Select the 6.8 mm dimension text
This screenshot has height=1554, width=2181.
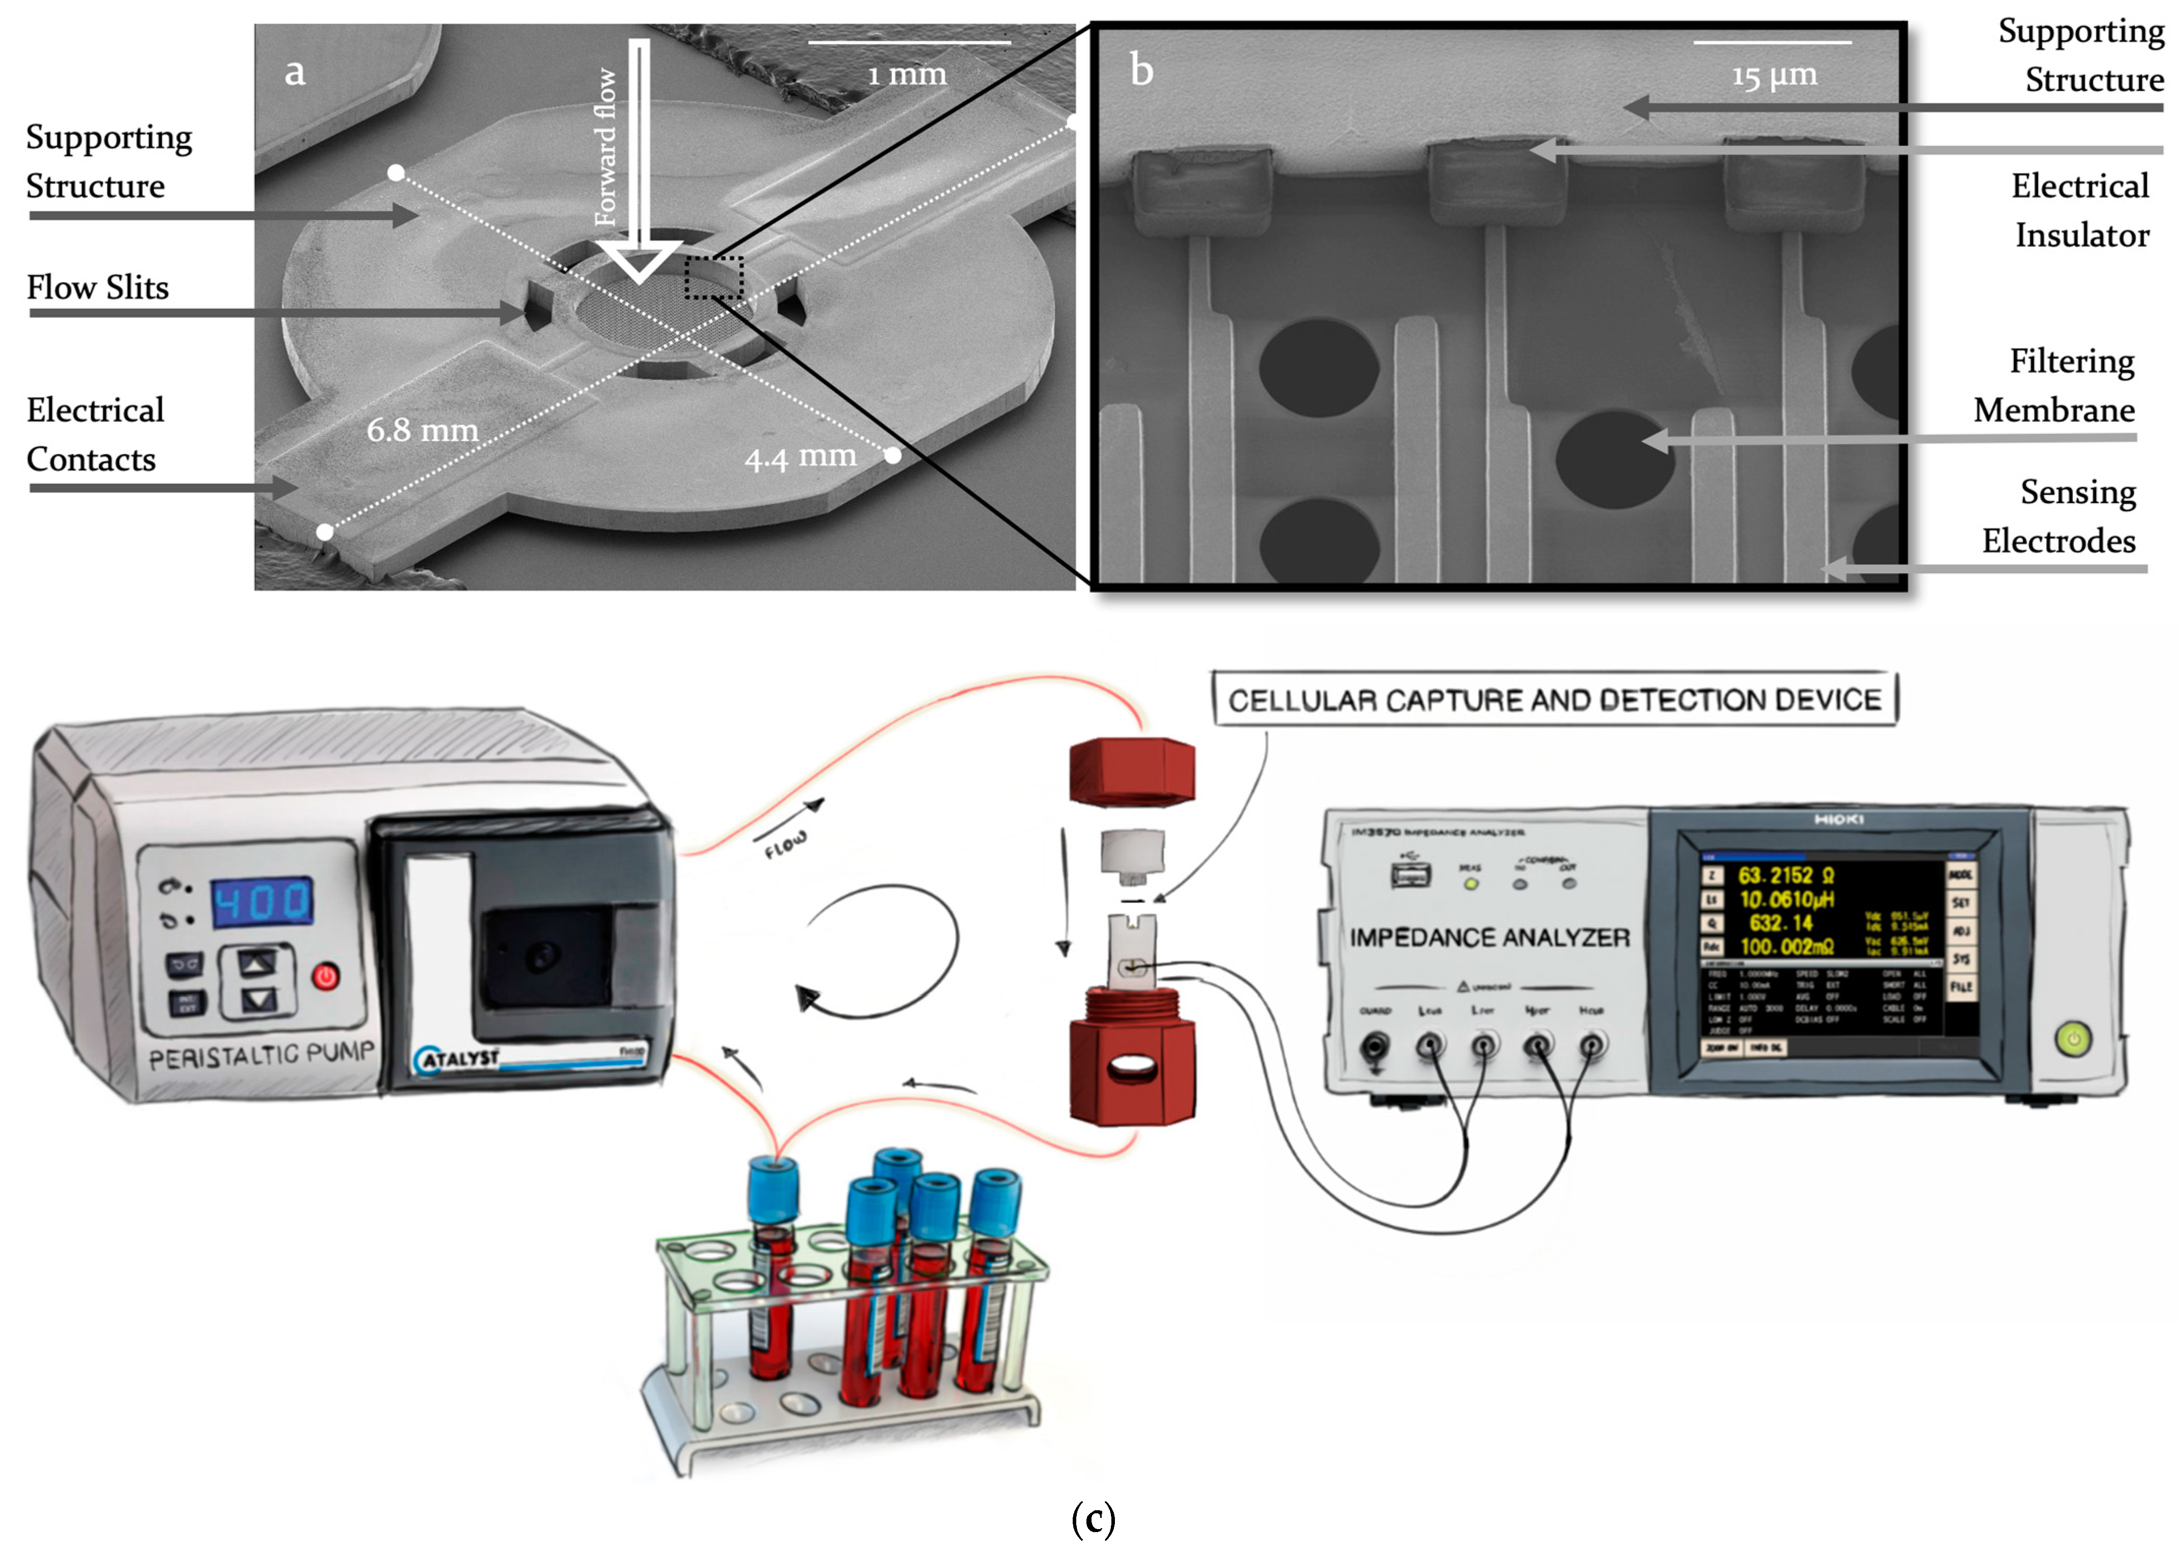pos(422,431)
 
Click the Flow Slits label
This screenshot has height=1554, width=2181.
pos(98,287)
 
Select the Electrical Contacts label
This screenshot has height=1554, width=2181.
pos(95,434)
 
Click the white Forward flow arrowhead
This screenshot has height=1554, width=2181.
pos(638,260)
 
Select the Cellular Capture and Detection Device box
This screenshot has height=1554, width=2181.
pos(1554,699)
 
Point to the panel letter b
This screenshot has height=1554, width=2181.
pos(1141,70)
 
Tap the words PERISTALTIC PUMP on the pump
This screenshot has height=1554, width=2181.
pos(261,1057)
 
